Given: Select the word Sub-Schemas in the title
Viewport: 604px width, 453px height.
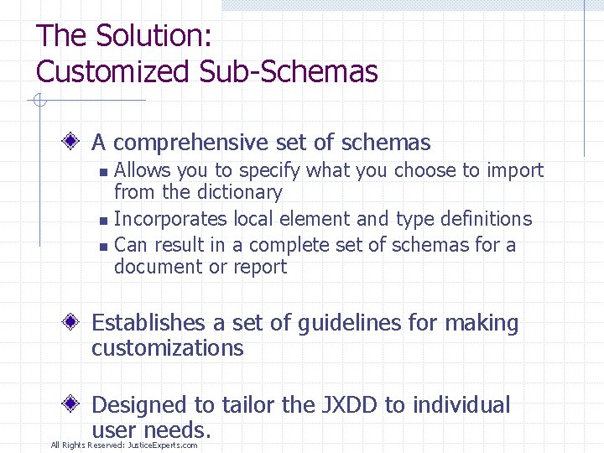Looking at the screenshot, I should [289, 72].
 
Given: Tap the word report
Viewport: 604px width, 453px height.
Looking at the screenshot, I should [261, 268].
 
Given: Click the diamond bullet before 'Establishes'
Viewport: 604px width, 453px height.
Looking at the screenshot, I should [76, 322].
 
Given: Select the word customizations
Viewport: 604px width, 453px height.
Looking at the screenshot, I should [167, 348].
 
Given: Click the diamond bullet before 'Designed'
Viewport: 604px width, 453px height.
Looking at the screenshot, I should [76, 404].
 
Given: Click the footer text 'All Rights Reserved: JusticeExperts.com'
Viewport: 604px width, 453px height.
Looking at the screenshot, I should [124, 445].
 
